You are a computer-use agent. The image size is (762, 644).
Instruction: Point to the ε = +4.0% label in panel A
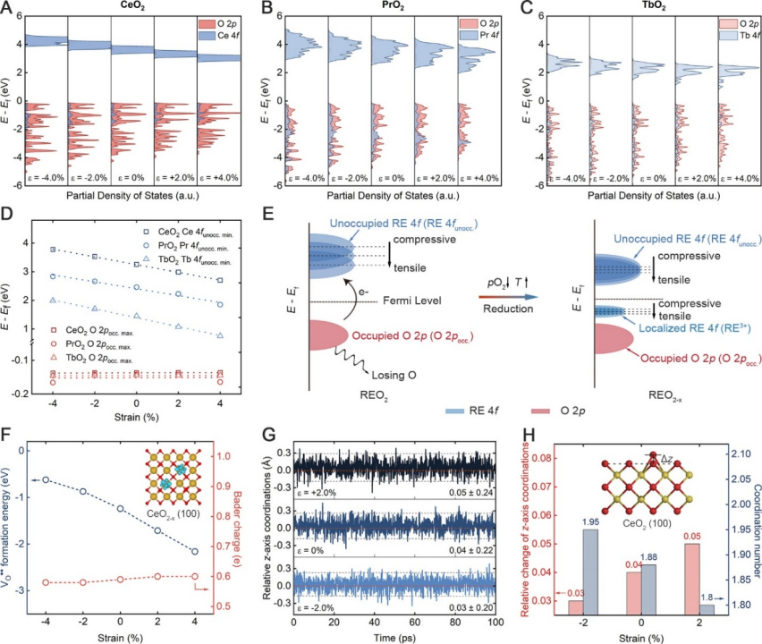[219, 178]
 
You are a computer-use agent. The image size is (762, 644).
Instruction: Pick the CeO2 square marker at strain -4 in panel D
[53, 250]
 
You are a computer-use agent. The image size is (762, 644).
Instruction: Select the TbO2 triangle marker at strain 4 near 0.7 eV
[220, 335]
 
